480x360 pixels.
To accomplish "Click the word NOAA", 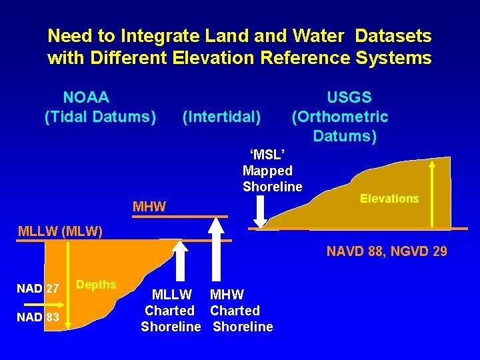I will pyautogui.click(x=86, y=98).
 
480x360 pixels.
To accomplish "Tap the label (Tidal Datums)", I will pyautogui.click(x=100, y=117).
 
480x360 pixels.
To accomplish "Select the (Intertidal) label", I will pyautogui.click(x=221, y=117).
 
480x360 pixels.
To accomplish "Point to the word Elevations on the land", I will pyautogui.click(x=389, y=198).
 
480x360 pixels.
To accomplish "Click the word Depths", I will pyautogui.click(x=96, y=285).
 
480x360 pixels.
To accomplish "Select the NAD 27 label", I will pyautogui.click(x=38, y=289).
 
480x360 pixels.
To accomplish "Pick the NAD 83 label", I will pyautogui.click(x=38, y=317).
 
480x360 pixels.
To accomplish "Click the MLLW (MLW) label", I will pyautogui.click(x=61, y=232).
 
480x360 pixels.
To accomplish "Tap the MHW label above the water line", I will pyautogui.click(x=149, y=207).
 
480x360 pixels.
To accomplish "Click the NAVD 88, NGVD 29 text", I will pyautogui.click(x=387, y=251).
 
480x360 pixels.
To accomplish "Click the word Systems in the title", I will pyautogui.click(x=394, y=58).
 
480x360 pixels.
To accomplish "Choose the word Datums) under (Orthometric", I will pyautogui.click(x=345, y=137).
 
